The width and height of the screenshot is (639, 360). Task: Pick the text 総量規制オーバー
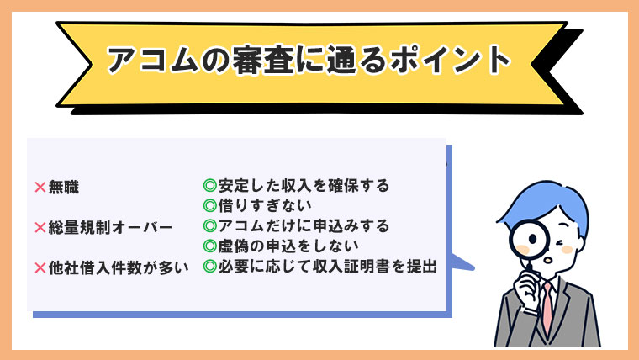click(111, 227)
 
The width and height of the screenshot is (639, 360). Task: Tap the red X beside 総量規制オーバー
click(40, 227)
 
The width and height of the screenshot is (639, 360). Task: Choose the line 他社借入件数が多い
click(118, 268)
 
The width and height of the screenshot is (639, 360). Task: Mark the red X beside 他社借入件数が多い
click(40, 268)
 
